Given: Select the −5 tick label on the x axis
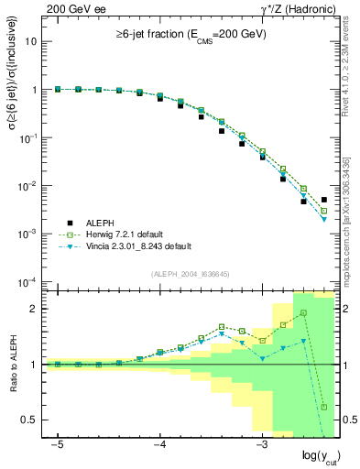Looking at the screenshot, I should [x=57, y=444].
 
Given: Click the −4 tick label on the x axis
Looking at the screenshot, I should [x=159, y=444].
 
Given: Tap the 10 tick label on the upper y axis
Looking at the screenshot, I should [x=32, y=42].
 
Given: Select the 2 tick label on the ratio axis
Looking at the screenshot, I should [x=34, y=309].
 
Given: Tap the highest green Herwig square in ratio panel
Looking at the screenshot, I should [x=303, y=313].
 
